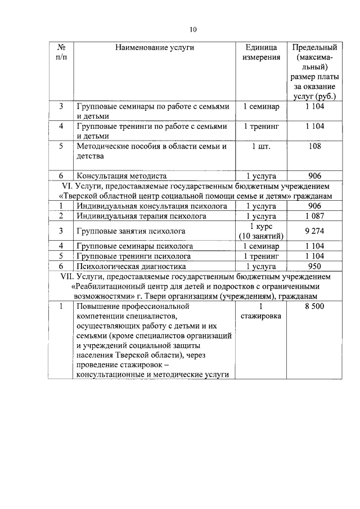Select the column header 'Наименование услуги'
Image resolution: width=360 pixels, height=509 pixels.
[155, 48]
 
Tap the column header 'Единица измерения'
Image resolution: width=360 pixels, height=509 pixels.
[261, 53]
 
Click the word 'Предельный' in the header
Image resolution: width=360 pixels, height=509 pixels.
[315, 48]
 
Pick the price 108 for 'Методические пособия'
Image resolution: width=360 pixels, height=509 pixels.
[315, 146]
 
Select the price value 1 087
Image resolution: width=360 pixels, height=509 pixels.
[315, 215]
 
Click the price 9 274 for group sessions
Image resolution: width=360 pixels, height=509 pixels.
[315, 231]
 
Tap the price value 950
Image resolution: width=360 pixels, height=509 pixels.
[315, 266]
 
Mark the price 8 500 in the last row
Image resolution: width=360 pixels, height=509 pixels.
[315, 307]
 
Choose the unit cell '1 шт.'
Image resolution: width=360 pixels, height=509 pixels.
[261, 146]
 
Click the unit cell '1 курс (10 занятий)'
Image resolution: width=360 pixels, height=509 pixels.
[261, 231]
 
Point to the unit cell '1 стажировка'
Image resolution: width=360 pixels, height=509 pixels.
[261, 312]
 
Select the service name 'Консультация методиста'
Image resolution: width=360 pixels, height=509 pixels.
[123, 175]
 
